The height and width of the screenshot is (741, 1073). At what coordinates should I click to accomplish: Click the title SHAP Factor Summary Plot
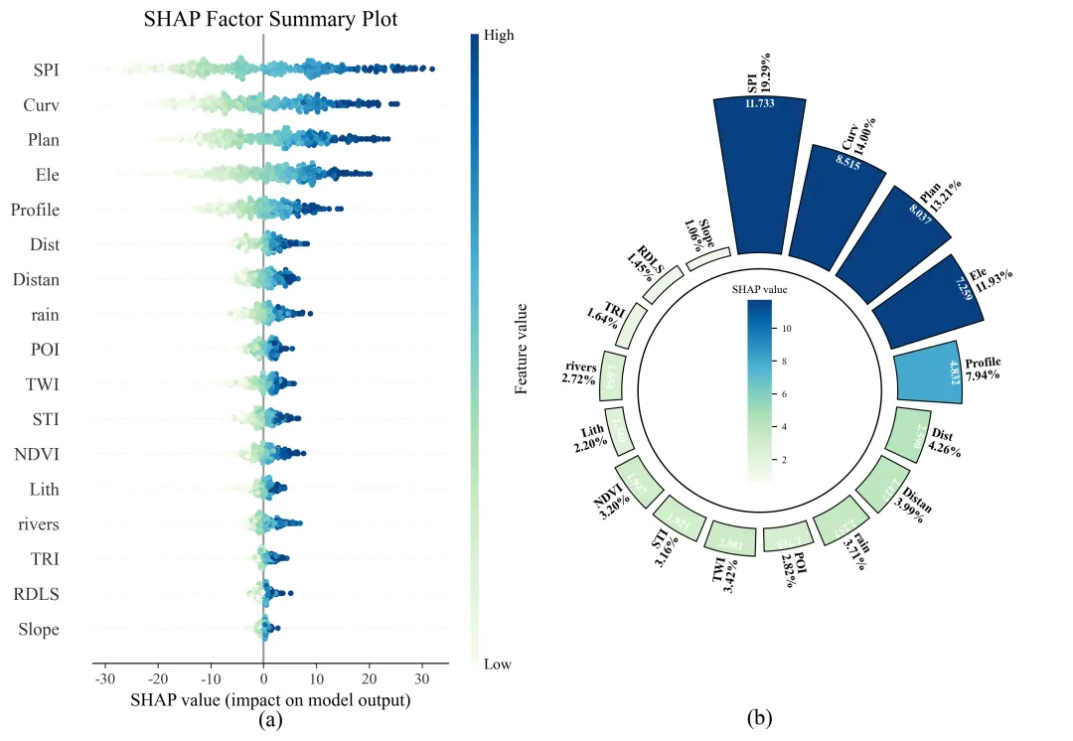point(271,18)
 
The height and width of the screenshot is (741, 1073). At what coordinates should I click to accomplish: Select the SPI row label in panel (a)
point(44,70)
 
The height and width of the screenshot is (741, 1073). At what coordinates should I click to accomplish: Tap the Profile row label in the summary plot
point(36,210)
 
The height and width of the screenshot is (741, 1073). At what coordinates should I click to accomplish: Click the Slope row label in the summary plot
point(39,630)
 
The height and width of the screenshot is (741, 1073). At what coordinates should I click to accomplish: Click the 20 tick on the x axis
point(369,679)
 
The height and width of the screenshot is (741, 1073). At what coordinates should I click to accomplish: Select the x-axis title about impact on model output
point(270,700)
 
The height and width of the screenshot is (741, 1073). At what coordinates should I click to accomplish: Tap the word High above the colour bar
point(499,35)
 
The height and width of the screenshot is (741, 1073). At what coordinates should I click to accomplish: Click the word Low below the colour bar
point(497,664)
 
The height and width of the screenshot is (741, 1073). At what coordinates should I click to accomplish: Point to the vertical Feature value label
point(521,348)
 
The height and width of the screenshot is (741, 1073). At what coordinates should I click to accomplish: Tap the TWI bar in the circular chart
point(730,541)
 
